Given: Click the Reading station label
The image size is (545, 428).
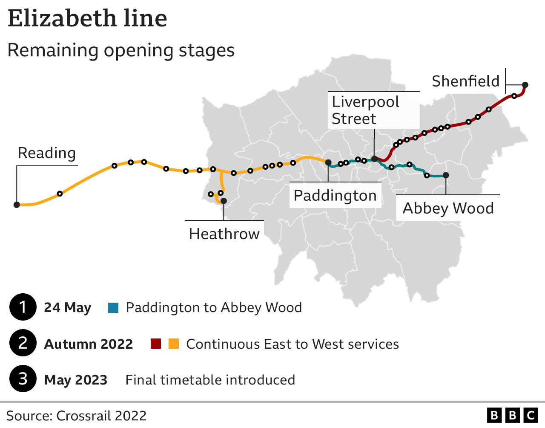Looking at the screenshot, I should tap(47, 153).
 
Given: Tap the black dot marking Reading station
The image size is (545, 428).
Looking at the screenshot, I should tap(17, 205).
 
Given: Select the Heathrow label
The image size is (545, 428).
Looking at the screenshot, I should tap(224, 234).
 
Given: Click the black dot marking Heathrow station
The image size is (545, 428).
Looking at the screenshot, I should tap(224, 201).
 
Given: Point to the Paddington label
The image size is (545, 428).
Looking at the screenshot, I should tap(335, 196).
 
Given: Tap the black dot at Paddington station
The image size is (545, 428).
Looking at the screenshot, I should tap(328, 162).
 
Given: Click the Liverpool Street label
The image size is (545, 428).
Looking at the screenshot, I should tap(365, 110).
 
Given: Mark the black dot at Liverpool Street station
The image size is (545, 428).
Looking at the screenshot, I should tap(374, 159).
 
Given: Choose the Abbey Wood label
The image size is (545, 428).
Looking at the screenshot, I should tap(448, 208).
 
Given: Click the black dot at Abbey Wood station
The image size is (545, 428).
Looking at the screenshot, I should tap(446, 175).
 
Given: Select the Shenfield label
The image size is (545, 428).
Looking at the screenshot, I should tap(465, 81).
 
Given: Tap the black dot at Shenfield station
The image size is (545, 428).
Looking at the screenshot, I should tap(525, 84).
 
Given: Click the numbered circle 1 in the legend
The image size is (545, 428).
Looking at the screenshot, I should tap(23, 307).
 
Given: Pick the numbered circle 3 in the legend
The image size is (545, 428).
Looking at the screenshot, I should tap(23, 379).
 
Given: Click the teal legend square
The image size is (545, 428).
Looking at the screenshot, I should tap(113, 307).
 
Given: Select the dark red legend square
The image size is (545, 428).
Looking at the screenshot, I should tap(156, 344).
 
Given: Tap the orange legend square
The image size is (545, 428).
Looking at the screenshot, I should tap(174, 344).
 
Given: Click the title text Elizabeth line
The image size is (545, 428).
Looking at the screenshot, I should tap(88, 19).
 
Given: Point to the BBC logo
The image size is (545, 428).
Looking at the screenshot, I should tap(512, 415).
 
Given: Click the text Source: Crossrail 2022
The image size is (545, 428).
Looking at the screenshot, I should tap(76, 416).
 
